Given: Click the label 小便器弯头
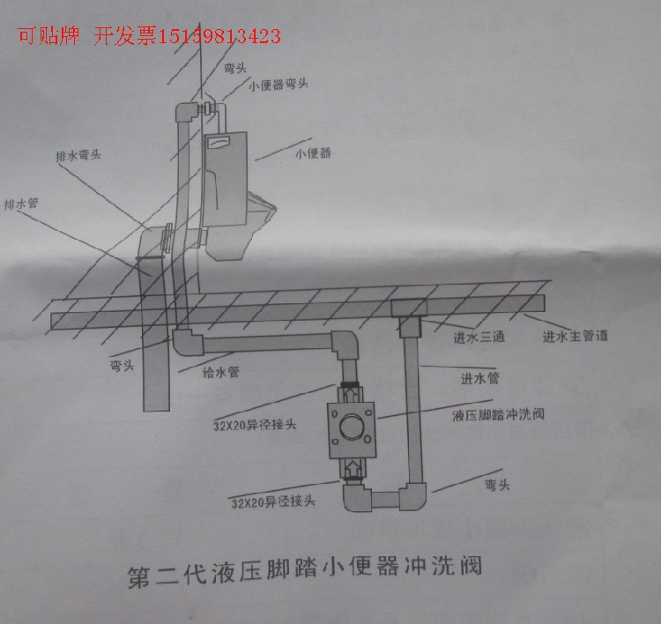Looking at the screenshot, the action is click(279, 85).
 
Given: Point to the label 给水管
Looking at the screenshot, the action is click(221, 372).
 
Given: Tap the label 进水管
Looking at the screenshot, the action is click(480, 379).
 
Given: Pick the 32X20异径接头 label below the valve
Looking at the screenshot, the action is click(273, 502).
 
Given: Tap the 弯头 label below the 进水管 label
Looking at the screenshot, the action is click(498, 484).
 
